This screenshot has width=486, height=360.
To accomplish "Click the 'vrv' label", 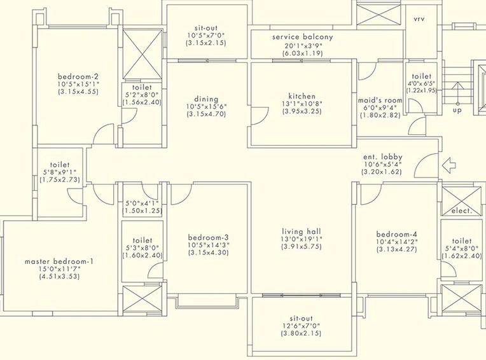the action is click(x=419, y=19).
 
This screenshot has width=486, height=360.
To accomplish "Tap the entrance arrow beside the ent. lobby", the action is click(x=448, y=165).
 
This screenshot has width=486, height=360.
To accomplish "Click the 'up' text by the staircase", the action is click(x=457, y=110).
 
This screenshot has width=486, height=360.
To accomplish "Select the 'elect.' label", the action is click(x=462, y=211).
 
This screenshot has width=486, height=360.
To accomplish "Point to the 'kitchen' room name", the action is click(x=302, y=96).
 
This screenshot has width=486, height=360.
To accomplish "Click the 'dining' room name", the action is click(x=206, y=99).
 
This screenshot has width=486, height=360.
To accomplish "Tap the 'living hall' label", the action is click(x=302, y=232).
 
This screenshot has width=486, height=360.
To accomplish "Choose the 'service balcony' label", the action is click(x=303, y=37).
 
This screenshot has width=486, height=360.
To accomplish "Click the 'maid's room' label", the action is click(x=380, y=100).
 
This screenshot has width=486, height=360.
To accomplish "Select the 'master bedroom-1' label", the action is click(x=59, y=261).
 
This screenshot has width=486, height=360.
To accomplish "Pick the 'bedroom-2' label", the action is click(x=78, y=76).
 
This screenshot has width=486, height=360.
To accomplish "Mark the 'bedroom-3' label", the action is click(x=208, y=238).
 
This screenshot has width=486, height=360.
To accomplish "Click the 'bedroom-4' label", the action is click(x=397, y=234).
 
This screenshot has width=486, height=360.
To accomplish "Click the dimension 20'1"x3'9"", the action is click(x=303, y=46).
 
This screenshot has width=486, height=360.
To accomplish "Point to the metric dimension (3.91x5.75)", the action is click(x=302, y=247).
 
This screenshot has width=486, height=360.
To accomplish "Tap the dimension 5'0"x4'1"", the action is click(x=142, y=204).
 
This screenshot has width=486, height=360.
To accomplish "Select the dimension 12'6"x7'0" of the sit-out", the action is click(x=302, y=326).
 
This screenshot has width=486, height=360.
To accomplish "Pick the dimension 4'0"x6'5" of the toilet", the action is click(x=422, y=83).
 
